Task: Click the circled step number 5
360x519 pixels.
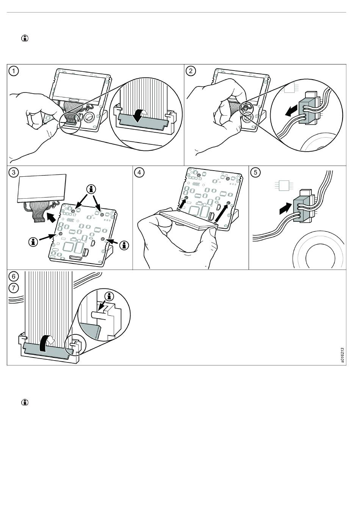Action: click(x=255, y=172)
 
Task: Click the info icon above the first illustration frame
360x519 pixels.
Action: click(x=25, y=38)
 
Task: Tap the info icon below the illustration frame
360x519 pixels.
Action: click(x=25, y=402)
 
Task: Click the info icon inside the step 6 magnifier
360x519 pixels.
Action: click(x=110, y=296)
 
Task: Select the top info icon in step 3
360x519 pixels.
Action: click(x=91, y=188)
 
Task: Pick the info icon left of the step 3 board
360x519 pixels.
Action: click(x=34, y=241)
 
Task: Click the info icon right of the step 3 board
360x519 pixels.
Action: click(x=124, y=245)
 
